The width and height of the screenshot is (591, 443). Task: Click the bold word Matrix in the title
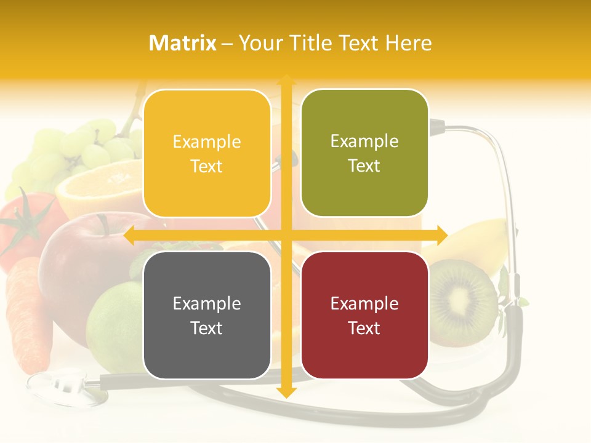coord(183,43)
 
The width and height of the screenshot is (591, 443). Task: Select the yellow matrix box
coord(207,153)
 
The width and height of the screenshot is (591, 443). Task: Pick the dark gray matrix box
coord(207,315)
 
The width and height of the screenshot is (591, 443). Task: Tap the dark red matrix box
coord(364,315)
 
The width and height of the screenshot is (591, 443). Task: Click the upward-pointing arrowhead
coord(286,80)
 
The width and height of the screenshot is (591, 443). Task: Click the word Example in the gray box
coord(207,303)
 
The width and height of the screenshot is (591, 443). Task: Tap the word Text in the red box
coord(364,328)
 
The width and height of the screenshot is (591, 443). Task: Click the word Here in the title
coord(408,43)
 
